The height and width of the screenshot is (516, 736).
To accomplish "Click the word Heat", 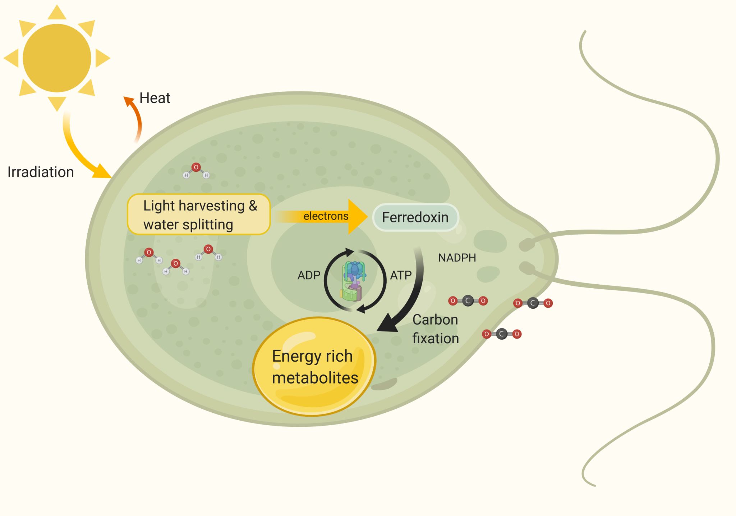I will point(155,98).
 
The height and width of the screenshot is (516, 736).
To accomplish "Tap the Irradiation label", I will point(41,172).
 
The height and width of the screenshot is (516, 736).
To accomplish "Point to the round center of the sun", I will point(57,58).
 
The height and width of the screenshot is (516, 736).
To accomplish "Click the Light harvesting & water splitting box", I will point(199,214).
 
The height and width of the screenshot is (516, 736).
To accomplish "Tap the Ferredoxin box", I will point(415,217).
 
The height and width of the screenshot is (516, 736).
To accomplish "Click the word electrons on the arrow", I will point(326,216).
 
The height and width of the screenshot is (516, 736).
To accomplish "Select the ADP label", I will point(309,275).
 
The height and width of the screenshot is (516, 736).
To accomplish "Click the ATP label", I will point(401,275).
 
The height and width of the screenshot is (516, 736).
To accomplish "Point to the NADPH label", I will point(457,258).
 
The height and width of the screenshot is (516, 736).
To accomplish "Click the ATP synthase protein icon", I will point(353,281).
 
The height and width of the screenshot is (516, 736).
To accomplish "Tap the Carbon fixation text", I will point(435,329).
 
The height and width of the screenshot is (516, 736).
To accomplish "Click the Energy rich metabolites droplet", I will point(314,366).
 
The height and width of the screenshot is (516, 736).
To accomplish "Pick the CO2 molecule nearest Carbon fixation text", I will point(468,300).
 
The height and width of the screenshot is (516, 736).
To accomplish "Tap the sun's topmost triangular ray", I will point(57,13).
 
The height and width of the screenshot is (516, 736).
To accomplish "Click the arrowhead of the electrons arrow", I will point(358,216).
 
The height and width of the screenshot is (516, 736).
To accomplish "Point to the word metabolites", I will point(315,378).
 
